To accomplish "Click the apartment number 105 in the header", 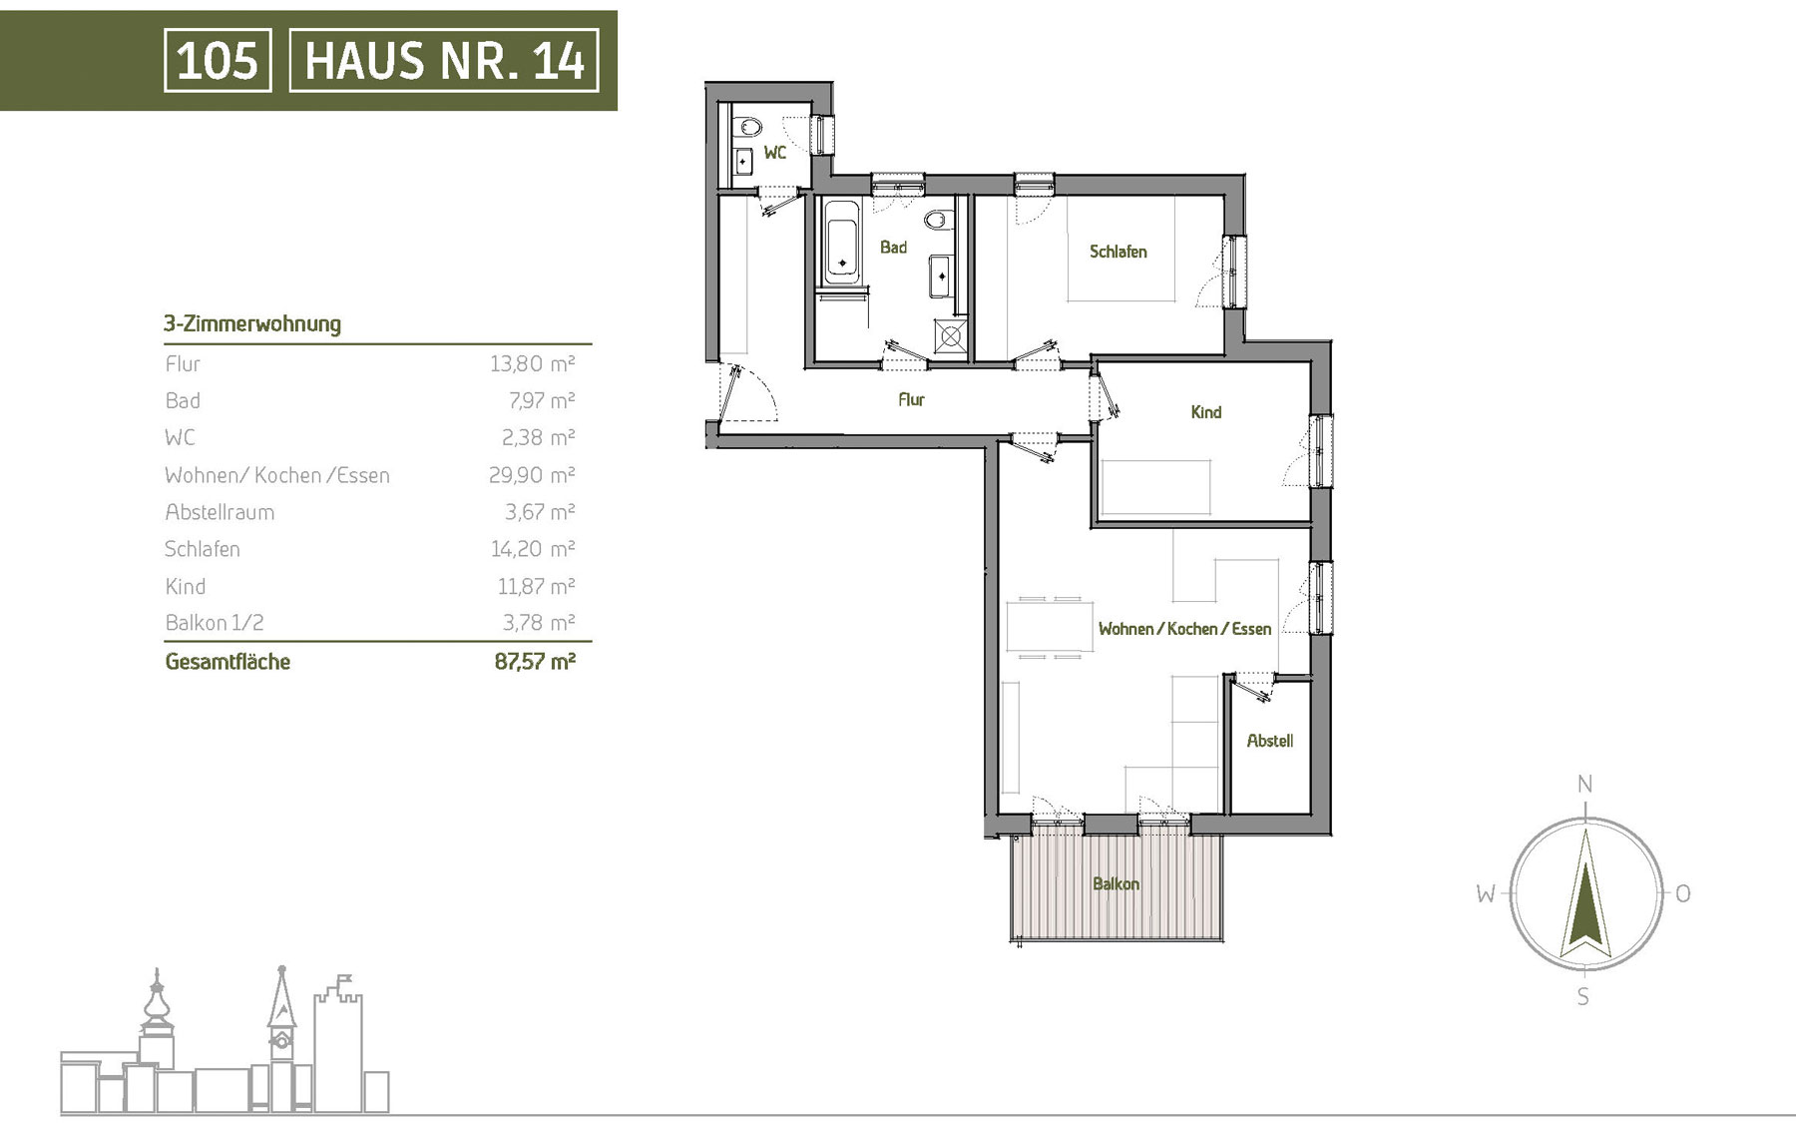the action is tap(218, 60).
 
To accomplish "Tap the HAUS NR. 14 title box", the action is tap(444, 60).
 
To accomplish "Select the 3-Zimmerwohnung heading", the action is tap(252, 323).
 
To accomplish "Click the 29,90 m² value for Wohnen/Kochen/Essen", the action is tap(532, 475).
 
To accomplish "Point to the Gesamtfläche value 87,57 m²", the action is tap(535, 661).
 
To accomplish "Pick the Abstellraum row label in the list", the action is tap(220, 512).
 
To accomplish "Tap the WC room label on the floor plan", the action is tap(775, 153).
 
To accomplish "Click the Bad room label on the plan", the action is tap(893, 247).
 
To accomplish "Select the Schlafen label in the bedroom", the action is tap(1118, 252).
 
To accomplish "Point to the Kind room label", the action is tap(1205, 411).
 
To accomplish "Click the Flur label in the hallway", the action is tap(911, 399).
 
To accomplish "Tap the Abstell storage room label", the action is tap(1269, 741).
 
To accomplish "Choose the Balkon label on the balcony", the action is tap(1116, 883).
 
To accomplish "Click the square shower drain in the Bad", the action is tap(951, 334).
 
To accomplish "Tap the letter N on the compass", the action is tap(1584, 785).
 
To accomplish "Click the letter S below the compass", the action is tap(1582, 996).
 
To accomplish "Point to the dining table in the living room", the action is tap(1044, 627).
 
